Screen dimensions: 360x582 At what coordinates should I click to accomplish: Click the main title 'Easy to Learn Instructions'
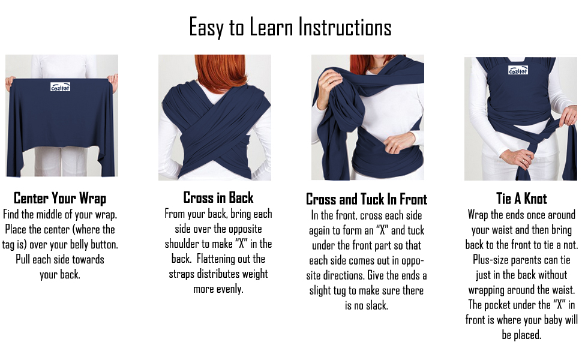click(x=290, y=28)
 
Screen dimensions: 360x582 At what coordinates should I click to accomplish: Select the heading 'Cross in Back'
click(x=218, y=198)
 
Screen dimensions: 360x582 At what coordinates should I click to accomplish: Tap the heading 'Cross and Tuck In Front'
click(x=367, y=199)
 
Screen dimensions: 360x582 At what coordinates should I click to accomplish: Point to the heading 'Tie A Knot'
click(x=521, y=199)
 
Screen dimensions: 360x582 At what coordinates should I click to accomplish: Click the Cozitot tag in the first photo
click(x=60, y=87)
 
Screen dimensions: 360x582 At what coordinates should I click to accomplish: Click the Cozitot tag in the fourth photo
click(x=518, y=70)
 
